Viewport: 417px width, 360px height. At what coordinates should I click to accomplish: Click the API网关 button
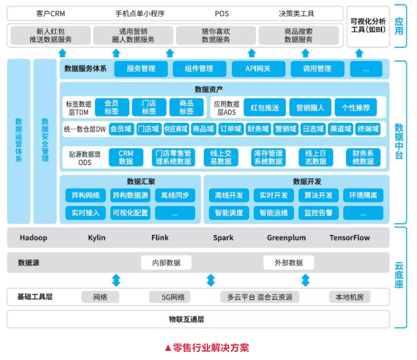tap(258, 69)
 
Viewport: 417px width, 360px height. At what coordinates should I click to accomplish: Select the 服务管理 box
tap(141, 69)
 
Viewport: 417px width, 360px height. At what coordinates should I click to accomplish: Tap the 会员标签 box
tap(112, 107)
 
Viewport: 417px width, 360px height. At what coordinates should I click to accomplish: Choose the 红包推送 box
tap(265, 108)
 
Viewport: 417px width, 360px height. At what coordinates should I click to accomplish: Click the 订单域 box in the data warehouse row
tap(230, 129)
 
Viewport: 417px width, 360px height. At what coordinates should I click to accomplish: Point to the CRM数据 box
tap(126, 157)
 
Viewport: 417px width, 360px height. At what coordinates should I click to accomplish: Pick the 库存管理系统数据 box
tap(268, 157)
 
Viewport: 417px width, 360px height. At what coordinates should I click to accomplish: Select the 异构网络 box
tap(86, 195)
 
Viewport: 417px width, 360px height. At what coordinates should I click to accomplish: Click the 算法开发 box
tap(319, 195)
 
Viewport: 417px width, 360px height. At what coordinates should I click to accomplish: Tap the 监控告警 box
tap(319, 213)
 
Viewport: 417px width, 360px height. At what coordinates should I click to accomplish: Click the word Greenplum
tap(286, 238)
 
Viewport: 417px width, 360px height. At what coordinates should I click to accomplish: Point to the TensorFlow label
tap(350, 238)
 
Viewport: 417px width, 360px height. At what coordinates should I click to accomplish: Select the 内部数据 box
tap(166, 263)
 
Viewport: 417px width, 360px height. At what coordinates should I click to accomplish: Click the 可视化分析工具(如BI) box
tap(368, 26)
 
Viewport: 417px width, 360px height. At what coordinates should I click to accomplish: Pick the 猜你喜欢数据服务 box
tap(216, 35)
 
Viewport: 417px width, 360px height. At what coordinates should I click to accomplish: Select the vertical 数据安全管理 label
tap(45, 140)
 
